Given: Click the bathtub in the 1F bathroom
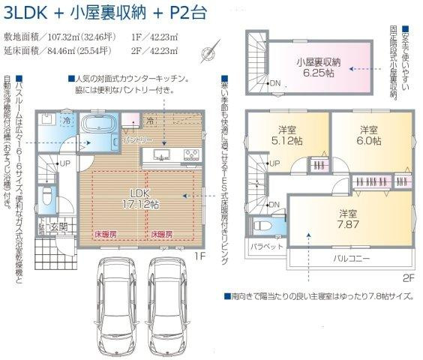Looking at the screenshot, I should click(97, 126).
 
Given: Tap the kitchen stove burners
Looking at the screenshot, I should click(189, 156).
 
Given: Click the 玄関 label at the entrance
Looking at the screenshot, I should click(58, 226).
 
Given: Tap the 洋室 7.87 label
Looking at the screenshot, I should click(346, 218).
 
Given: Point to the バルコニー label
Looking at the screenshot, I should click(353, 259).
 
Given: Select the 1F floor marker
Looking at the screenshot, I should click(199, 256).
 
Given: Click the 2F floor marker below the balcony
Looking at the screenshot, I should click(407, 277).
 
